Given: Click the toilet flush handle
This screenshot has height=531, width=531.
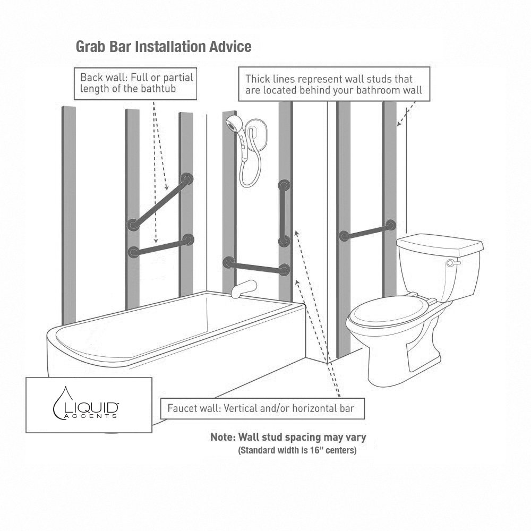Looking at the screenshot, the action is (x=452, y=263).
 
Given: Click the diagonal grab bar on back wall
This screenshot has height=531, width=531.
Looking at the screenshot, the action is (x=159, y=201).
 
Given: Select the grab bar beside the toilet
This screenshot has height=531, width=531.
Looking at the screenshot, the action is (x=369, y=229).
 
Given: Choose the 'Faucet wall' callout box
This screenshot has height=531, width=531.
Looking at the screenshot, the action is (x=263, y=408).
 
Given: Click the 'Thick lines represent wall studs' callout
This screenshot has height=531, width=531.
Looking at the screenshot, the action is (x=333, y=84).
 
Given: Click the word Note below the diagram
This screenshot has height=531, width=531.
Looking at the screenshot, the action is (x=223, y=438).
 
